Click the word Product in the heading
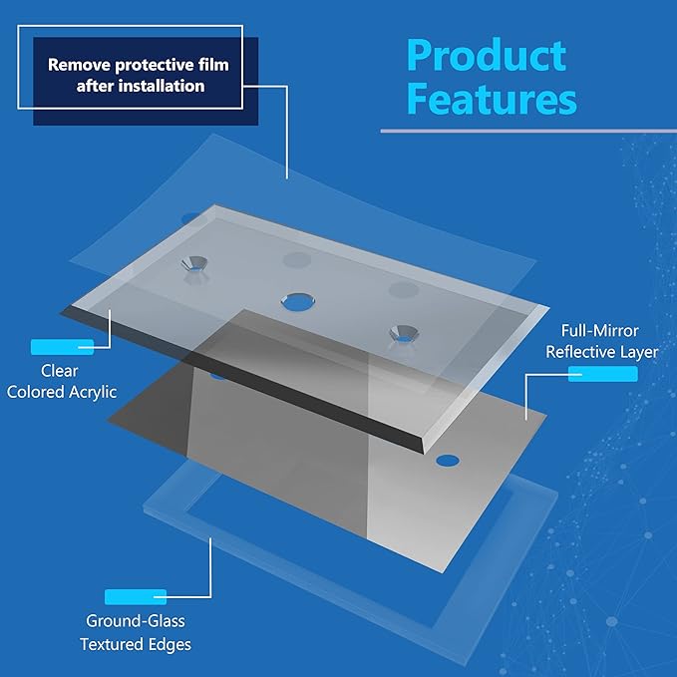coord(487,55)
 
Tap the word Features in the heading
coord(492,99)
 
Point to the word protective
coord(155,66)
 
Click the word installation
coord(162,86)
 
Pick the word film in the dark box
coord(213,65)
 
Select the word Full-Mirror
coord(599,331)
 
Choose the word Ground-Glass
coord(136,621)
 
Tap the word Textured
coord(112,644)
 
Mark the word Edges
coord(169,645)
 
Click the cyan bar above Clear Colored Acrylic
coord(62,347)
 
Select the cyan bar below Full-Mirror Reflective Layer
coord(603,374)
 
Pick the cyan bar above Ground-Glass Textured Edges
coord(136,597)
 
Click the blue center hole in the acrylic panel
coord(298,302)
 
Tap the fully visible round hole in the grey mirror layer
coord(448,461)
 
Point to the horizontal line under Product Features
coord(528,131)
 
